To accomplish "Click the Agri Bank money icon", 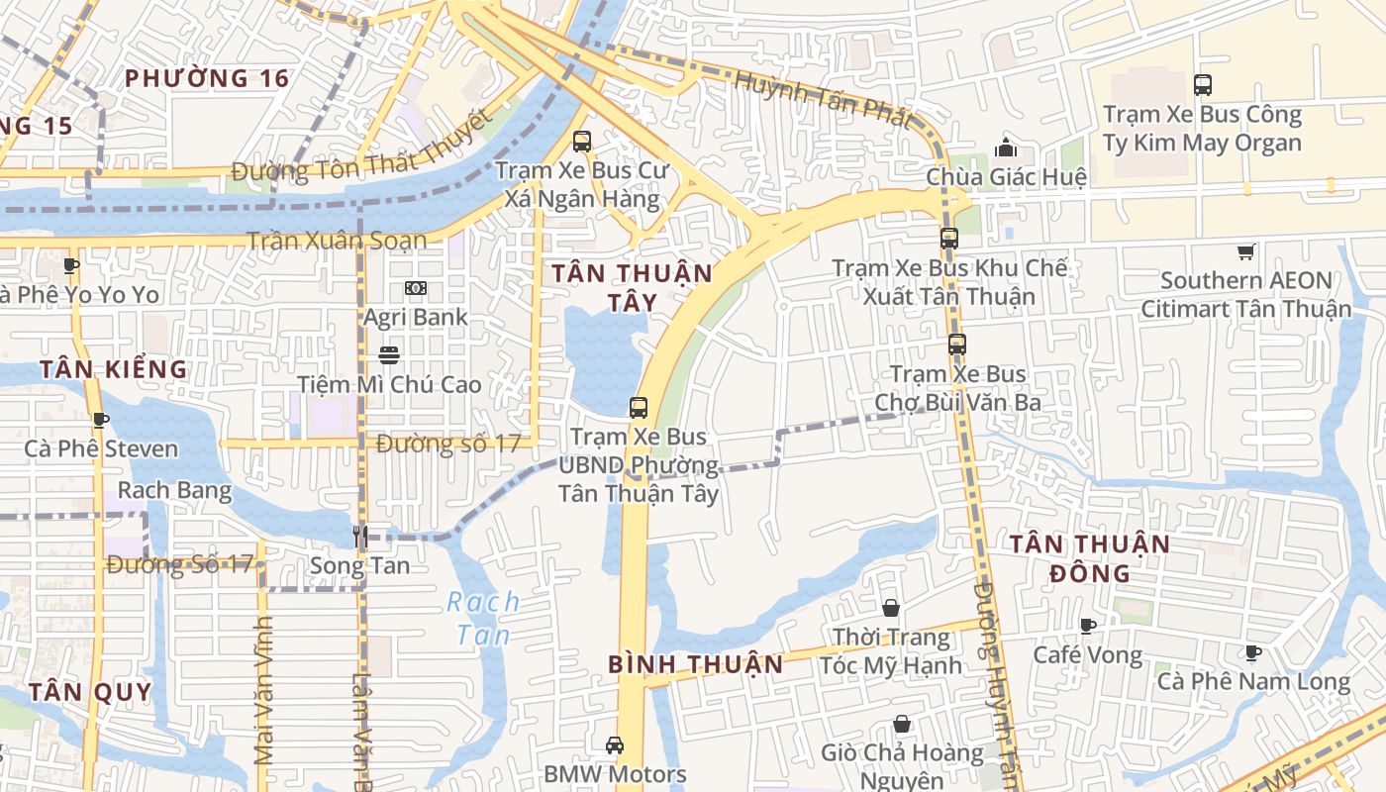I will click(416, 288).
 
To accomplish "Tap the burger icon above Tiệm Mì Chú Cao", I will click(389, 354).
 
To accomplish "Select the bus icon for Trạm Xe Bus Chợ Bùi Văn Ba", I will click(956, 345).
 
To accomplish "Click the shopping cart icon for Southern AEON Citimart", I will click(1245, 252).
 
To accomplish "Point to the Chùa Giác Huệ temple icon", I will click(1006, 148).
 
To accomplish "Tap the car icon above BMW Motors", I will click(615, 744).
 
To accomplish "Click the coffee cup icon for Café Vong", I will click(1088, 625).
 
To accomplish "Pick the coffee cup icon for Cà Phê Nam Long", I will click(1252, 651).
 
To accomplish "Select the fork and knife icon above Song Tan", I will click(360, 537).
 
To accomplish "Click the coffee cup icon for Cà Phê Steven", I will click(100, 420).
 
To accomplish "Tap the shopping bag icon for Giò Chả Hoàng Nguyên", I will click(902, 724).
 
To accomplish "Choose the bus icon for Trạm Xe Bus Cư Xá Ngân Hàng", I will click(582, 141).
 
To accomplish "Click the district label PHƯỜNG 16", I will click(207, 78).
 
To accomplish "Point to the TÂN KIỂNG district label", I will click(113, 369).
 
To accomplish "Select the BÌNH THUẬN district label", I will click(696, 663).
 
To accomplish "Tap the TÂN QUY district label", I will click(90, 691).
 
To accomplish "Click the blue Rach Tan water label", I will click(483, 618).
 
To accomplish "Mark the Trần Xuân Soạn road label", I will click(337, 241).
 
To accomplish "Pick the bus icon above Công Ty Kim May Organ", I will click(1203, 85).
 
